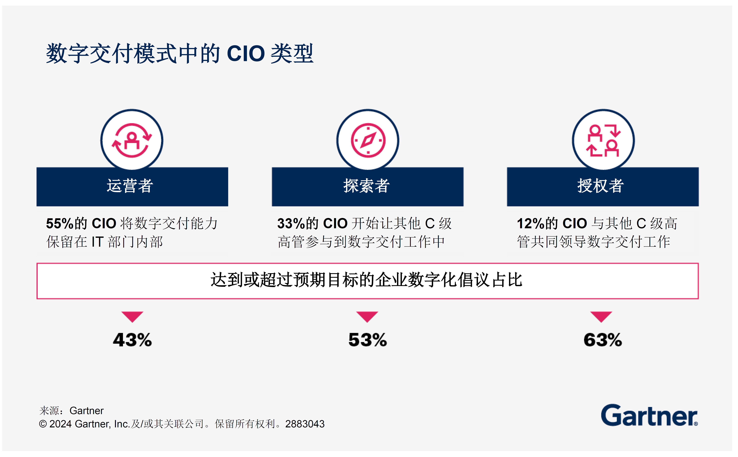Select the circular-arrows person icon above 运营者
(x=132, y=140)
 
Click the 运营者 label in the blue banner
(x=130, y=186)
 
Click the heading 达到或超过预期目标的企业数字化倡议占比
(x=366, y=280)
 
